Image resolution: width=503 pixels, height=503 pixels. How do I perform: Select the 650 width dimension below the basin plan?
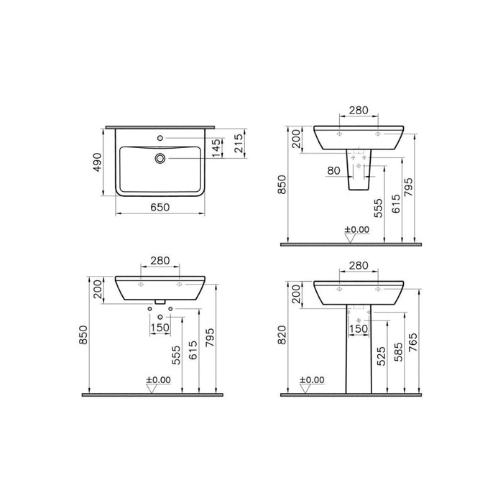(160, 207)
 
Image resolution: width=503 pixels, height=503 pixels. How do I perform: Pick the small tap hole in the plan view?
(160, 137)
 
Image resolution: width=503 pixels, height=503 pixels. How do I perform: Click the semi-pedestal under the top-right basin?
(359, 172)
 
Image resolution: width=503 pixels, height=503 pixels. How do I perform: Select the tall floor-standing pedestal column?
(359, 352)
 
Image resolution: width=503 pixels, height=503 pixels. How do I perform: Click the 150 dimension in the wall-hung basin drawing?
(160, 328)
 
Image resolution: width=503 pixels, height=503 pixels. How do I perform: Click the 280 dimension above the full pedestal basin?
(359, 267)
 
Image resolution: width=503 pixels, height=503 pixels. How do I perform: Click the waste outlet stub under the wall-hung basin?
(160, 303)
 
